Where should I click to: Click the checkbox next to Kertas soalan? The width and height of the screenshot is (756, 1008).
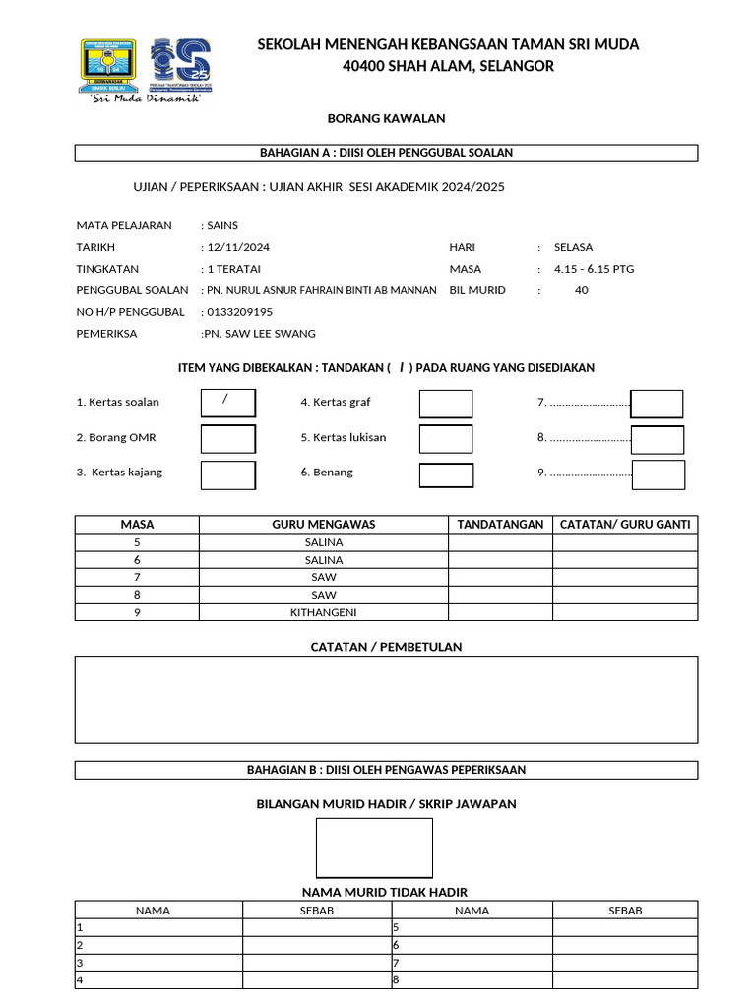point(227,403)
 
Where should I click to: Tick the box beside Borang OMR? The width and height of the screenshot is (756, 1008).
point(227,439)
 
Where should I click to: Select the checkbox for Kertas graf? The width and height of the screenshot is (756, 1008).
point(446,404)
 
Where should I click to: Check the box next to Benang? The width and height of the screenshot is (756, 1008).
point(446,474)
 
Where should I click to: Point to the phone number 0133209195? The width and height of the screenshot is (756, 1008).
point(239,312)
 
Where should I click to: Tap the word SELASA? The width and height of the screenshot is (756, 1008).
point(573,247)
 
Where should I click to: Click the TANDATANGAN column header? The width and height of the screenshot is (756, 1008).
point(500,525)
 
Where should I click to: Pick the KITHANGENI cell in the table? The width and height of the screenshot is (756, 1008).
point(323,612)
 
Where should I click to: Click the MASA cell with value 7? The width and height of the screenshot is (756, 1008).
point(137,577)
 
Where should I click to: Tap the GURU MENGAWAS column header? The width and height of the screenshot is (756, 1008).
point(323,525)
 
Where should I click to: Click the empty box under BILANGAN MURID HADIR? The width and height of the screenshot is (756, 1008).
point(374,848)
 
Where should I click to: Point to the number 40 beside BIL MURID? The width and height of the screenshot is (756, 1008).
point(581,290)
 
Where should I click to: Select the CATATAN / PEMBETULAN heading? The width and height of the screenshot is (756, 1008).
point(386,647)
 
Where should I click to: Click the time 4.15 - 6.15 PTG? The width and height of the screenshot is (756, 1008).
point(595,269)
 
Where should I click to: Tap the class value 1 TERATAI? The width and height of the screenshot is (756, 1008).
point(235,269)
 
